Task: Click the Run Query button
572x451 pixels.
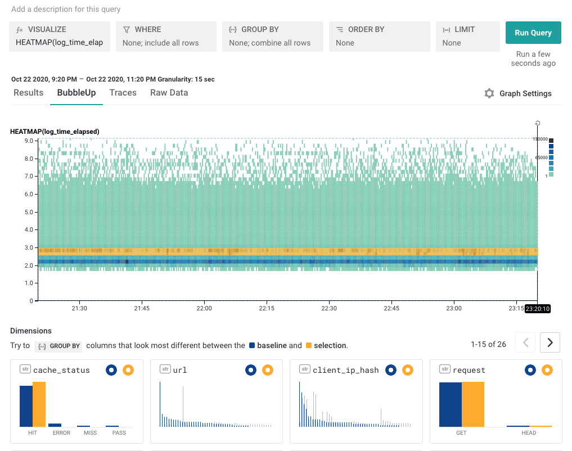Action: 533,33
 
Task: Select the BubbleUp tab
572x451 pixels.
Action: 76,93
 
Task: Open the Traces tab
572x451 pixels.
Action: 123,93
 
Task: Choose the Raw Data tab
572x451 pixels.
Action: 169,93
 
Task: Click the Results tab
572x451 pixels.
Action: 28,93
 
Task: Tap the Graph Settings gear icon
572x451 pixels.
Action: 489,93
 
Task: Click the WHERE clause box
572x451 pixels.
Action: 166,37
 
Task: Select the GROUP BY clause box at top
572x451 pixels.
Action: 272,37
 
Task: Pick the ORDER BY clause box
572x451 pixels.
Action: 379,37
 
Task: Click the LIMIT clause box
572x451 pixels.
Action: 467,37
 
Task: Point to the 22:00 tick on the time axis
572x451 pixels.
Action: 204,308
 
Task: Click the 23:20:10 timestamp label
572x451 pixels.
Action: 537,309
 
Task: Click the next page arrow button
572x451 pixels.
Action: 550,342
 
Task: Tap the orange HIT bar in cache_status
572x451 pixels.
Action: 39,404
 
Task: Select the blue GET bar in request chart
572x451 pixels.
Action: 450,404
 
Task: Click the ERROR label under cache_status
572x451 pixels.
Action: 61,433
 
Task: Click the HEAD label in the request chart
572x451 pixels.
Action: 529,433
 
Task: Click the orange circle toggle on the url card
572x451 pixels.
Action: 267,369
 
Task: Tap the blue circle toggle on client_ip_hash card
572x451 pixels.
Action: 391,369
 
